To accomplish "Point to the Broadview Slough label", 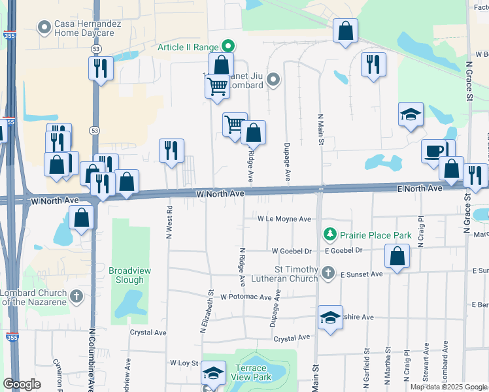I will coord(126,275).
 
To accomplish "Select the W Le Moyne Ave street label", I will coord(284,219).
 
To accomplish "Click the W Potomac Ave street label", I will coord(245,297).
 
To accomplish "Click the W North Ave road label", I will coord(220,193).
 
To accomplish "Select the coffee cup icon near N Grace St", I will coord(432,151).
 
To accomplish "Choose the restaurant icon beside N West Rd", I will coord(171,150).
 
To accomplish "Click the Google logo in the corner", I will coord(22,385).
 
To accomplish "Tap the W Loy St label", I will coord(184,362).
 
